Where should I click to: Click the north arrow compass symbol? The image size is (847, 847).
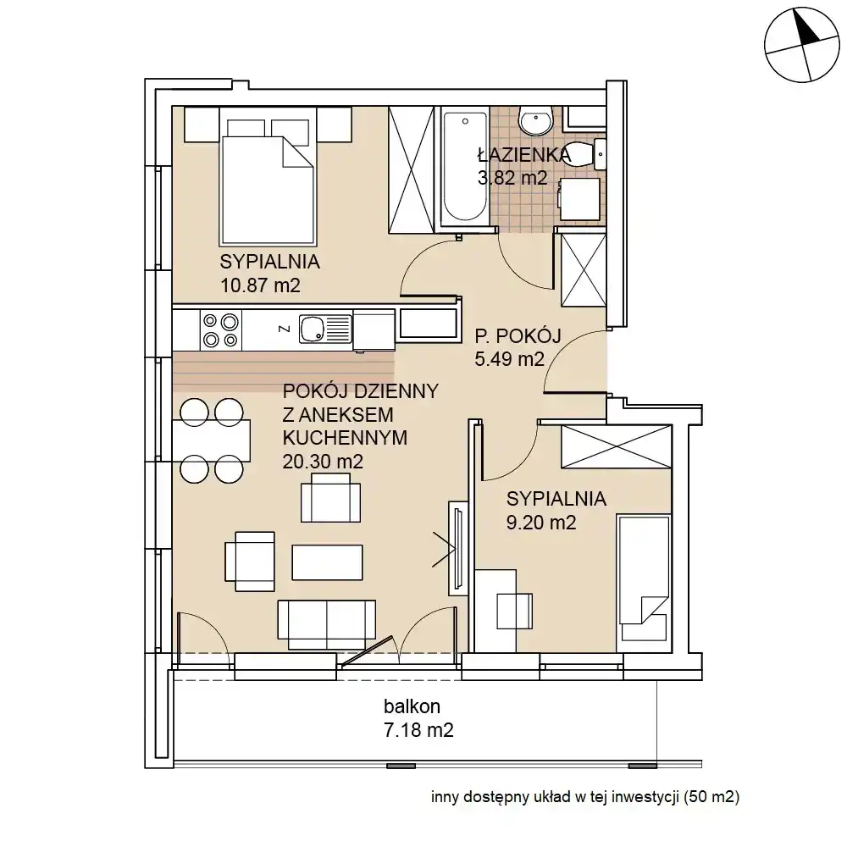(801, 45)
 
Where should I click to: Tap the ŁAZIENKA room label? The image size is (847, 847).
(524, 155)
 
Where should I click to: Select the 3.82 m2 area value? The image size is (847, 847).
(512, 178)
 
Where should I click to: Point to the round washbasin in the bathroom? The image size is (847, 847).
(536, 121)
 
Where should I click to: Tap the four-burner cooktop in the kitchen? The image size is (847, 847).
(221, 330)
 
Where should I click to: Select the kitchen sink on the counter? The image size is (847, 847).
(324, 329)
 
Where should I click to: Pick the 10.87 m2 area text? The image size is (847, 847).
(260, 285)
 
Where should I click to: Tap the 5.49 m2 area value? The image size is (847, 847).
(509, 358)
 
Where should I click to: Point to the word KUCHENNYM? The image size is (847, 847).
(345, 438)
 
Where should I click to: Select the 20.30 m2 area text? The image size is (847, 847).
(323, 462)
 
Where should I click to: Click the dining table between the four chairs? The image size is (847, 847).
(212, 440)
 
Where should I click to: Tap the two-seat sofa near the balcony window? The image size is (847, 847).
(326, 624)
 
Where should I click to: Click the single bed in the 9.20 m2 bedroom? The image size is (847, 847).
(644, 577)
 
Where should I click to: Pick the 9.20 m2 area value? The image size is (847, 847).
(541, 523)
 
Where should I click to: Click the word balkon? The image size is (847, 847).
(412, 706)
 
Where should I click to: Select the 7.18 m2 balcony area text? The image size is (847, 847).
(418, 730)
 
